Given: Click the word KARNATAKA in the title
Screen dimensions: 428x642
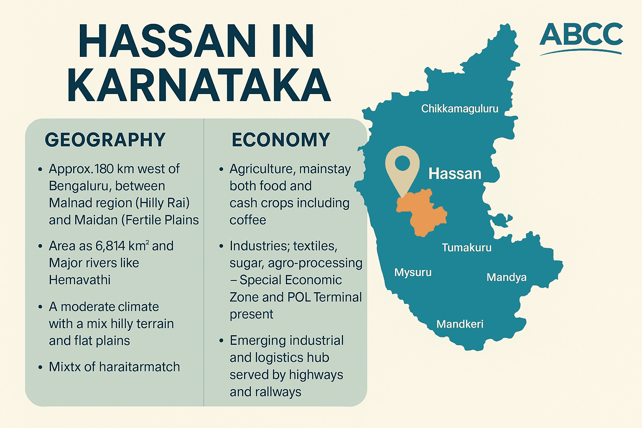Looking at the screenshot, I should (199, 85).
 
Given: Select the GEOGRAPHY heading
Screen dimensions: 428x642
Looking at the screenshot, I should (105, 140).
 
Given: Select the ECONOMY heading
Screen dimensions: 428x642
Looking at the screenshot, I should (281, 140).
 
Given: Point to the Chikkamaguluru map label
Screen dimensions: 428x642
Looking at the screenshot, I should (459, 109).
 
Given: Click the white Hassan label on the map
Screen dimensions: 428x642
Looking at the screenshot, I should (455, 173).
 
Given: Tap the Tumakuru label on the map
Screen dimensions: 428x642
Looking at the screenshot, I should (466, 247).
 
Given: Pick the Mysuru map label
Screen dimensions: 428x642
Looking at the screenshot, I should (413, 273).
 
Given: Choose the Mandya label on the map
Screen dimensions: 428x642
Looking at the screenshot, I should (506, 278).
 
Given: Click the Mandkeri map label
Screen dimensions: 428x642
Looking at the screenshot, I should (460, 324).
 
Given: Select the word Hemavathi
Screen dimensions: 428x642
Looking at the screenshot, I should (79, 280).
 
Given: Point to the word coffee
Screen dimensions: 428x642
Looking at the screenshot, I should (247, 220).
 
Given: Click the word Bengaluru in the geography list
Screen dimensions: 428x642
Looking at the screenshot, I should (78, 186).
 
